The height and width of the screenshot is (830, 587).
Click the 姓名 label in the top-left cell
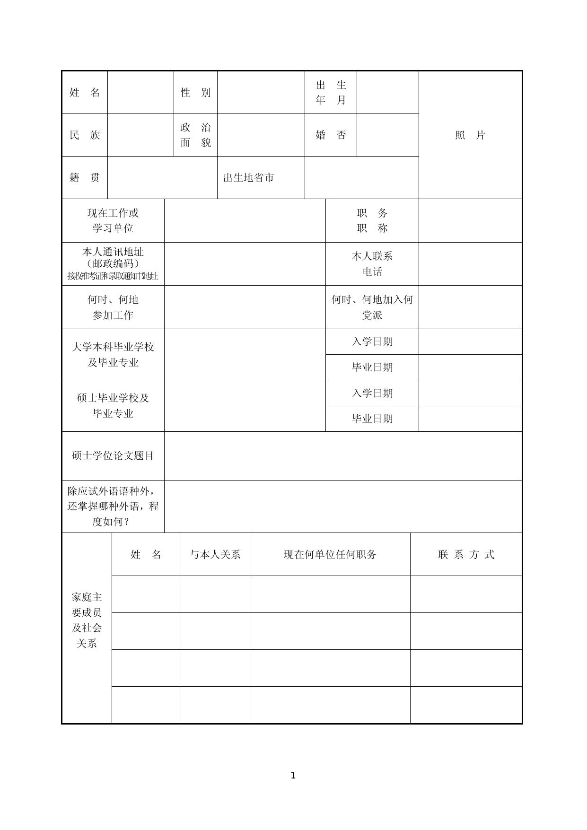click(x=85, y=92)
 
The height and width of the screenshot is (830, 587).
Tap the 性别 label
click(x=195, y=92)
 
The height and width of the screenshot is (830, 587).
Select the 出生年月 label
click(x=331, y=92)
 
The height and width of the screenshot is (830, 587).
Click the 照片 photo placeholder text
click(x=470, y=135)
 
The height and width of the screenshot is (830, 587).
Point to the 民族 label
click(x=85, y=135)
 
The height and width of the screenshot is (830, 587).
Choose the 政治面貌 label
click(x=195, y=135)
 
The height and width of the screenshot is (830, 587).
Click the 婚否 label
click(x=331, y=135)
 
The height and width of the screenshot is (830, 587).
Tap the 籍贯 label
click(x=85, y=177)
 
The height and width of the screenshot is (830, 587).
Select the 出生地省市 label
click(x=249, y=177)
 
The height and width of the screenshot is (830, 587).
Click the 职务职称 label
click(x=372, y=220)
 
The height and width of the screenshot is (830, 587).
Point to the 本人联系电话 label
click(x=372, y=263)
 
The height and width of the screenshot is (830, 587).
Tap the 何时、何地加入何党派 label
click(x=372, y=307)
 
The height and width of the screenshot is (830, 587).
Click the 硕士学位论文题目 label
click(x=113, y=455)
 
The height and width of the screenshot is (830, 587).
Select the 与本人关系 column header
click(x=215, y=554)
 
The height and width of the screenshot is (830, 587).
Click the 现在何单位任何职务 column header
click(x=330, y=554)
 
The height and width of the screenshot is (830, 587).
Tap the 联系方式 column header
click(x=466, y=554)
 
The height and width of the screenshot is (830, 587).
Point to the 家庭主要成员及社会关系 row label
click(x=87, y=620)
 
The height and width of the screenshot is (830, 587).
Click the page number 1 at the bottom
click(x=293, y=775)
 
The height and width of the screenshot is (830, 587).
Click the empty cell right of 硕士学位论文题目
click(x=343, y=455)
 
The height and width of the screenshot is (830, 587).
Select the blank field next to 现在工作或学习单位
click(x=245, y=220)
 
